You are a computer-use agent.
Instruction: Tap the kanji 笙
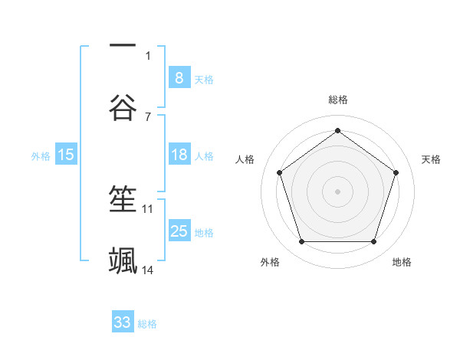(x=123, y=200)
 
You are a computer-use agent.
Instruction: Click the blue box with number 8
(x=179, y=78)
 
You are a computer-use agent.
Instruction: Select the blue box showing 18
(x=179, y=155)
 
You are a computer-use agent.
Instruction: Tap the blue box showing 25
(x=179, y=231)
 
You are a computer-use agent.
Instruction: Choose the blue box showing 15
(x=66, y=155)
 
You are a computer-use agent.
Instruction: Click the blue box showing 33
(x=123, y=322)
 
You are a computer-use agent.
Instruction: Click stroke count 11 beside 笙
(x=148, y=208)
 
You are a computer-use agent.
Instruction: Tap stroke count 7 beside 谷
(x=148, y=116)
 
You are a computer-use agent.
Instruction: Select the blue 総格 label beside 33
(x=147, y=324)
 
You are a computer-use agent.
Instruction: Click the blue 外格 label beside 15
(x=41, y=156)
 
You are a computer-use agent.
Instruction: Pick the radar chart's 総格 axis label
(x=337, y=100)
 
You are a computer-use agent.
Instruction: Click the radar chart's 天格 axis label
(x=431, y=159)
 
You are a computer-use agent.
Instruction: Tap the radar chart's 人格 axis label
(x=245, y=159)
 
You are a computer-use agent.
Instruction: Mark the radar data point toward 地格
(x=373, y=242)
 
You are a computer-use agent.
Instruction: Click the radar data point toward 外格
(x=301, y=242)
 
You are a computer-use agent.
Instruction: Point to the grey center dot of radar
(x=337, y=191)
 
